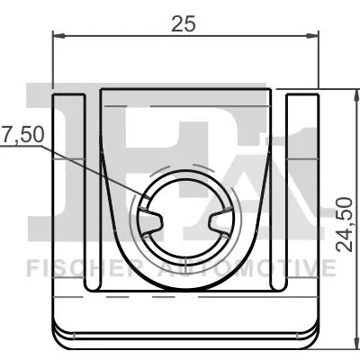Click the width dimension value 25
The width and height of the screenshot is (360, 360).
click(x=184, y=23)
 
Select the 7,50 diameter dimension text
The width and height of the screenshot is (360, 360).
click(x=22, y=135)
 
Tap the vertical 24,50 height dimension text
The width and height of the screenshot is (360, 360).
click(x=344, y=224)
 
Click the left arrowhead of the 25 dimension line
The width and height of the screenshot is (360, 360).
click(x=58, y=36)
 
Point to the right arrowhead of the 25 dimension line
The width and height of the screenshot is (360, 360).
click(x=312, y=36)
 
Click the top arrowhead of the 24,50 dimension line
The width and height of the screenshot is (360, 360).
click(x=356, y=95)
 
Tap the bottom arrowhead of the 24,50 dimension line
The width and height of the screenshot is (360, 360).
click(x=356, y=343)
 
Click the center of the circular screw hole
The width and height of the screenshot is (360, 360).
click(x=185, y=218)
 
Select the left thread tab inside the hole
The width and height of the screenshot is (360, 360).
click(x=150, y=222)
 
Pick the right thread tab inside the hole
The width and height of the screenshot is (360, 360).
click(x=220, y=222)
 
